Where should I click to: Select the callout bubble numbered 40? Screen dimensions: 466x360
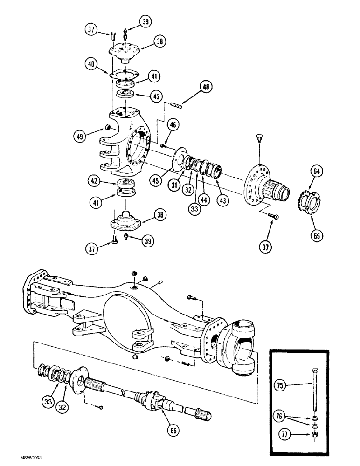click(x=91, y=63)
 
